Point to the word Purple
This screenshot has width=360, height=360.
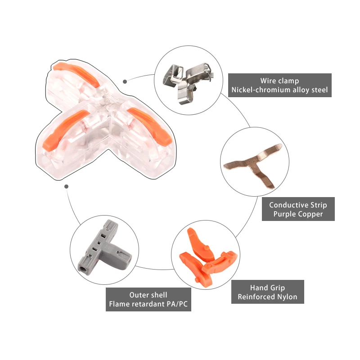pos(284,214)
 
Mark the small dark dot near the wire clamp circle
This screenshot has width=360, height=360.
pos(125,81)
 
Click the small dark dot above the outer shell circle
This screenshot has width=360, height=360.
pos(66,186)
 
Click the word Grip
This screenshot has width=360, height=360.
pos(276,288)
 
